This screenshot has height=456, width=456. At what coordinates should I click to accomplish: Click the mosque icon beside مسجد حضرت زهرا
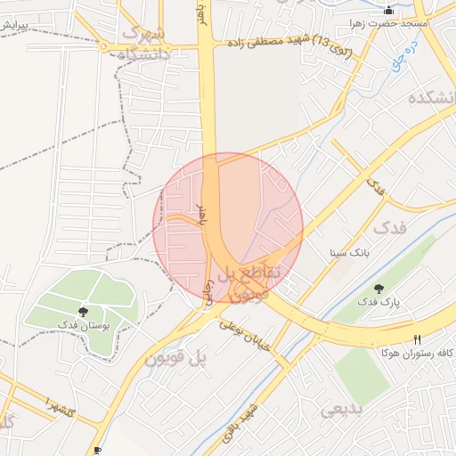(x=388, y=11)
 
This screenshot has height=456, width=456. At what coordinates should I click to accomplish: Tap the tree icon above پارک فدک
(x=379, y=289)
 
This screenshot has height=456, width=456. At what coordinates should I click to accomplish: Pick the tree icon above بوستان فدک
(x=83, y=311)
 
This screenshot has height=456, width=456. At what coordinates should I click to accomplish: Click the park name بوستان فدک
(x=83, y=325)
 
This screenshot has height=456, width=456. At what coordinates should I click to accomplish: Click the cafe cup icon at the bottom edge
(x=97, y=451)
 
